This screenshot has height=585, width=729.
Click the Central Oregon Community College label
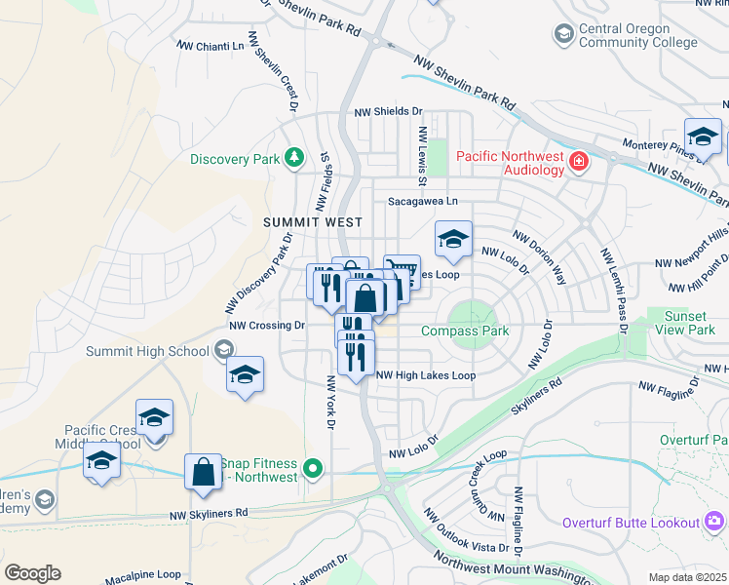coord(637,36)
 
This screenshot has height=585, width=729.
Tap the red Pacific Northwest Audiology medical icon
coord(579,160)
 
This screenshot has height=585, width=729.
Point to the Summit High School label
coord(147,351)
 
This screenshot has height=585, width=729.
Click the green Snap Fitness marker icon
coord(313,470)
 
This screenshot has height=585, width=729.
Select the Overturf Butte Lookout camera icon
coord(715,523)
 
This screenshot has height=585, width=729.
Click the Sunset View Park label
coord(689,323)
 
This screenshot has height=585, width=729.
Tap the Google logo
coord(33,573)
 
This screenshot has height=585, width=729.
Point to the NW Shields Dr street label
coord(388,113)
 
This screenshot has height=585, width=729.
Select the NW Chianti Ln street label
coord(211,46)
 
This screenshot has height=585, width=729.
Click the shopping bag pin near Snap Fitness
coord(203,472)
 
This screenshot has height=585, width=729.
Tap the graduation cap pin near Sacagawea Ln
coord(452,239)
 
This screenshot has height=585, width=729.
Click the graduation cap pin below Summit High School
coord(245,374)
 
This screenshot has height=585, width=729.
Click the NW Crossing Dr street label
coord(267,326)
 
